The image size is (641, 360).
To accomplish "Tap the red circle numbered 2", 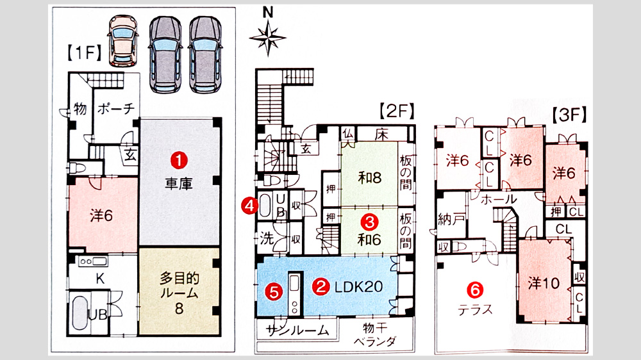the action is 321,286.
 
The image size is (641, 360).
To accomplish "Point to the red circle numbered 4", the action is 249,206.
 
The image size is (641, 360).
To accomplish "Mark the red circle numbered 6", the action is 475,290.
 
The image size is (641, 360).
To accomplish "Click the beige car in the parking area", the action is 123,41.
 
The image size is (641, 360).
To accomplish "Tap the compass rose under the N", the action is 268,38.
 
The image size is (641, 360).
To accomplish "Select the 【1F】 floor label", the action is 84,53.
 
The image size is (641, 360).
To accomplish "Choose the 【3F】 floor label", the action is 569,115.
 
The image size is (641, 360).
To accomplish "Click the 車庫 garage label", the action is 179,184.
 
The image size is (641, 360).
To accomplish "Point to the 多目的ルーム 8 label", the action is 179,293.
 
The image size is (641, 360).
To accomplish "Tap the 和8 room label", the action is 370,177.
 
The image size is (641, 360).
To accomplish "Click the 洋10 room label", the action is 544,282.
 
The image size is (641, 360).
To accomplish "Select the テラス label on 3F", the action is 475,310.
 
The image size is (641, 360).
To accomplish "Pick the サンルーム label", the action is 297,330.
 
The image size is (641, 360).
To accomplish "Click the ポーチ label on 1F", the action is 116,109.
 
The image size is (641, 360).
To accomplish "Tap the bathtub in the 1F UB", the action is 81,313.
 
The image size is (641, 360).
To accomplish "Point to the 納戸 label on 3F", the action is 451,220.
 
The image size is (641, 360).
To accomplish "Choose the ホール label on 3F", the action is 499,200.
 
